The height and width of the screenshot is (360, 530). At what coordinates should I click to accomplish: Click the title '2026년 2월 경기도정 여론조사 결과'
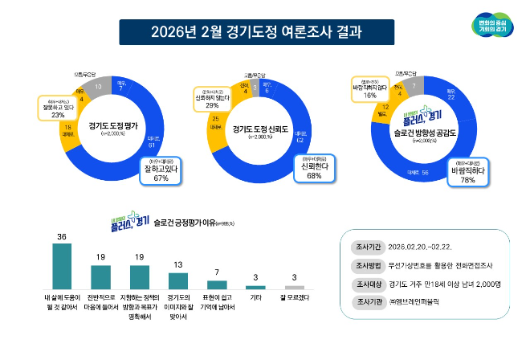point(256,33)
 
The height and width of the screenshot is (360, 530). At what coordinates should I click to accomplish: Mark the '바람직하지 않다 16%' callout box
point(369,90)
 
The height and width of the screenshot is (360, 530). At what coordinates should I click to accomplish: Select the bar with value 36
point(62,264)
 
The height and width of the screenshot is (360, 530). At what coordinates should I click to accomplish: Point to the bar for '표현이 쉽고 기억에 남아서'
point(216,284)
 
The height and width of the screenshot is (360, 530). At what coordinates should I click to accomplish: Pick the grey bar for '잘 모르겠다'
point(295,287)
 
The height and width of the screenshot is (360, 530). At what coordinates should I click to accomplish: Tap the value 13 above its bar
point(177,264)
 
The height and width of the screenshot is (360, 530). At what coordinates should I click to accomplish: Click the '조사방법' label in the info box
point(363,266)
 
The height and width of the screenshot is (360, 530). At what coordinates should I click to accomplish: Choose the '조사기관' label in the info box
point(363,302)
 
